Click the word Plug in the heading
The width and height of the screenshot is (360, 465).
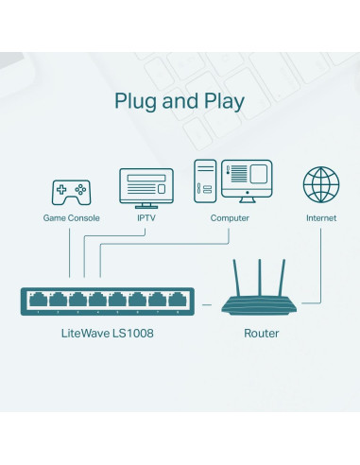pos(135,102)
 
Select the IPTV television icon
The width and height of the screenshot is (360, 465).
pos(146,188)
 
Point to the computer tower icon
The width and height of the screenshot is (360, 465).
pos(205,182)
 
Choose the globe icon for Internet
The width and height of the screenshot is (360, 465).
pos(320,185)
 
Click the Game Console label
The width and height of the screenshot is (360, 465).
pos(71,218)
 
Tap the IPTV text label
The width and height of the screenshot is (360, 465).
pos(146,218)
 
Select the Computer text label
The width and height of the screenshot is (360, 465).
pos(230,218)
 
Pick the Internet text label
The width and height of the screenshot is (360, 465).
pos(320,218)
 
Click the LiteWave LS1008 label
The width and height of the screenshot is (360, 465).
pos(107,334)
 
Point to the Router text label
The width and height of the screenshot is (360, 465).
pos(261,334)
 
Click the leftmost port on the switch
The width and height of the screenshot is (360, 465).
pos(38,301)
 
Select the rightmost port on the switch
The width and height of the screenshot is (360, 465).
pos(177,301)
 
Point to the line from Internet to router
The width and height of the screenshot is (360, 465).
pos(319,265)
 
